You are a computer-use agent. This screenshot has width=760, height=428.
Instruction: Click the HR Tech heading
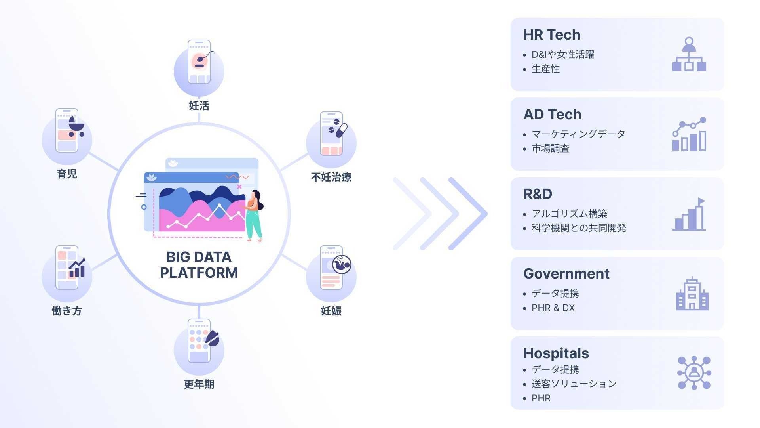coord(552,35)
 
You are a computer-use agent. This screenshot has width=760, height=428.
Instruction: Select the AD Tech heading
coord(553,115)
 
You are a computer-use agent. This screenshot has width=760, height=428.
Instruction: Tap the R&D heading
coord(538,194)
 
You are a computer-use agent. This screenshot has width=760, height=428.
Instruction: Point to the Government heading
coord(566,274)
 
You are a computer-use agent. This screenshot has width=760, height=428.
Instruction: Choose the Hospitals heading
coord(556,353)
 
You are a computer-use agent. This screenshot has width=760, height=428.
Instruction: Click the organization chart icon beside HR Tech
coord(689,54)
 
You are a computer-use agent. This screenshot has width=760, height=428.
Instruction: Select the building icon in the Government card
coord(692,293)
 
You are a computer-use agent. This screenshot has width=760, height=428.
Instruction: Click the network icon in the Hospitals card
coord(694,373)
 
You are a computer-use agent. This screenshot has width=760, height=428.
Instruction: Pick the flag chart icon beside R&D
coord(689,214)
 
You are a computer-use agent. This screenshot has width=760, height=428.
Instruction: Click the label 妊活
coord(199,106)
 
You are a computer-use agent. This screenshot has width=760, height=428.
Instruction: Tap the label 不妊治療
coord(331,177)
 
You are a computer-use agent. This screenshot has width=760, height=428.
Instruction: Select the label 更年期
coord(199,384)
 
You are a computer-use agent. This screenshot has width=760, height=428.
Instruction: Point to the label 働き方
coord(66,311)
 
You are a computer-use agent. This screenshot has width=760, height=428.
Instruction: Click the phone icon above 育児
coord(67,130)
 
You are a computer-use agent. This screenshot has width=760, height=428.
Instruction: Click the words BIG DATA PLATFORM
coord(199,265)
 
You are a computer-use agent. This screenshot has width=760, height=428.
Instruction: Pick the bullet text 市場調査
coord(551,149)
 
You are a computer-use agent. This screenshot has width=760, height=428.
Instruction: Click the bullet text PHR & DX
coord(553,308)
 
